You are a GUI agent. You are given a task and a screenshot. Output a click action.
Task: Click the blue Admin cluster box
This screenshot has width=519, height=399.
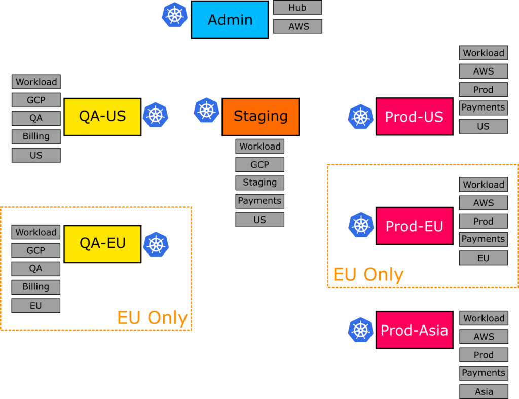pos(230,20)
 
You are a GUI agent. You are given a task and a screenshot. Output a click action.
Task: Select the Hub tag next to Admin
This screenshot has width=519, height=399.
pos(298,8)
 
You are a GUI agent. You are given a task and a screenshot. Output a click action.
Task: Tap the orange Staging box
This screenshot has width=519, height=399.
pos(261,117)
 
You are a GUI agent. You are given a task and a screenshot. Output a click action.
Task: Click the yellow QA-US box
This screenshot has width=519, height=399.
pos(102,117)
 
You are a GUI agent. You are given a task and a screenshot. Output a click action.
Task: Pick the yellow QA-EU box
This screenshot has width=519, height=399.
pos(102,244)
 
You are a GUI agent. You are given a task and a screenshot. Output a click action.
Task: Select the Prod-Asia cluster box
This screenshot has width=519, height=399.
pos(414,330)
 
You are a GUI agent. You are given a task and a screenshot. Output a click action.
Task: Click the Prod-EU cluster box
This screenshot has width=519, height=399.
pos(414,226)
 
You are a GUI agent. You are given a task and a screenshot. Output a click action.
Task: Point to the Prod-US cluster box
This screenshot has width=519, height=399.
pos(414,117)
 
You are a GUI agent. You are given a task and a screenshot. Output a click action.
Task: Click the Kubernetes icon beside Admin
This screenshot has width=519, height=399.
pos(174,15)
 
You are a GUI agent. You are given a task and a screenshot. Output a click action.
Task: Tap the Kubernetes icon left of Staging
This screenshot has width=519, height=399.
pos(206,110)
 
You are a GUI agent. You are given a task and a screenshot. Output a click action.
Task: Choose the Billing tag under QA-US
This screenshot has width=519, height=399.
pos(36,136)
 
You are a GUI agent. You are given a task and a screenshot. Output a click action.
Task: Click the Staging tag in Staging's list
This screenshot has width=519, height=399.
pos(259,183)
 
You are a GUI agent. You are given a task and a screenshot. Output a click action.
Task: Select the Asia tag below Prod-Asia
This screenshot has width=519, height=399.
pos(484,391)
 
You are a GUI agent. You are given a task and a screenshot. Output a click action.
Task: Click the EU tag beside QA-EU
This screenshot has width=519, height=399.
pos(36,305)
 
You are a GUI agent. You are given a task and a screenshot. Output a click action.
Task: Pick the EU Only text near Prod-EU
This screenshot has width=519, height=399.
pos(368,274)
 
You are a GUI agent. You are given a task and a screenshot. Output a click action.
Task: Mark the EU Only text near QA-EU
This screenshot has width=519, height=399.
pos(152,318)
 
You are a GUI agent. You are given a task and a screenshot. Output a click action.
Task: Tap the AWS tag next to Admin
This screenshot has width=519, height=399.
pos(298,26)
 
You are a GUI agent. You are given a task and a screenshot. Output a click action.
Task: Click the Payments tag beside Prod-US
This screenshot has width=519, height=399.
pos(483,107)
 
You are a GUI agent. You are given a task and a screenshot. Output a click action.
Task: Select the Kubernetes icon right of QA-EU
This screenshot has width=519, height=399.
pos(156,244)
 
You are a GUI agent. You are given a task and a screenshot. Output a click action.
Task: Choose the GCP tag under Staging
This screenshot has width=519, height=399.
pos(259,165)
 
